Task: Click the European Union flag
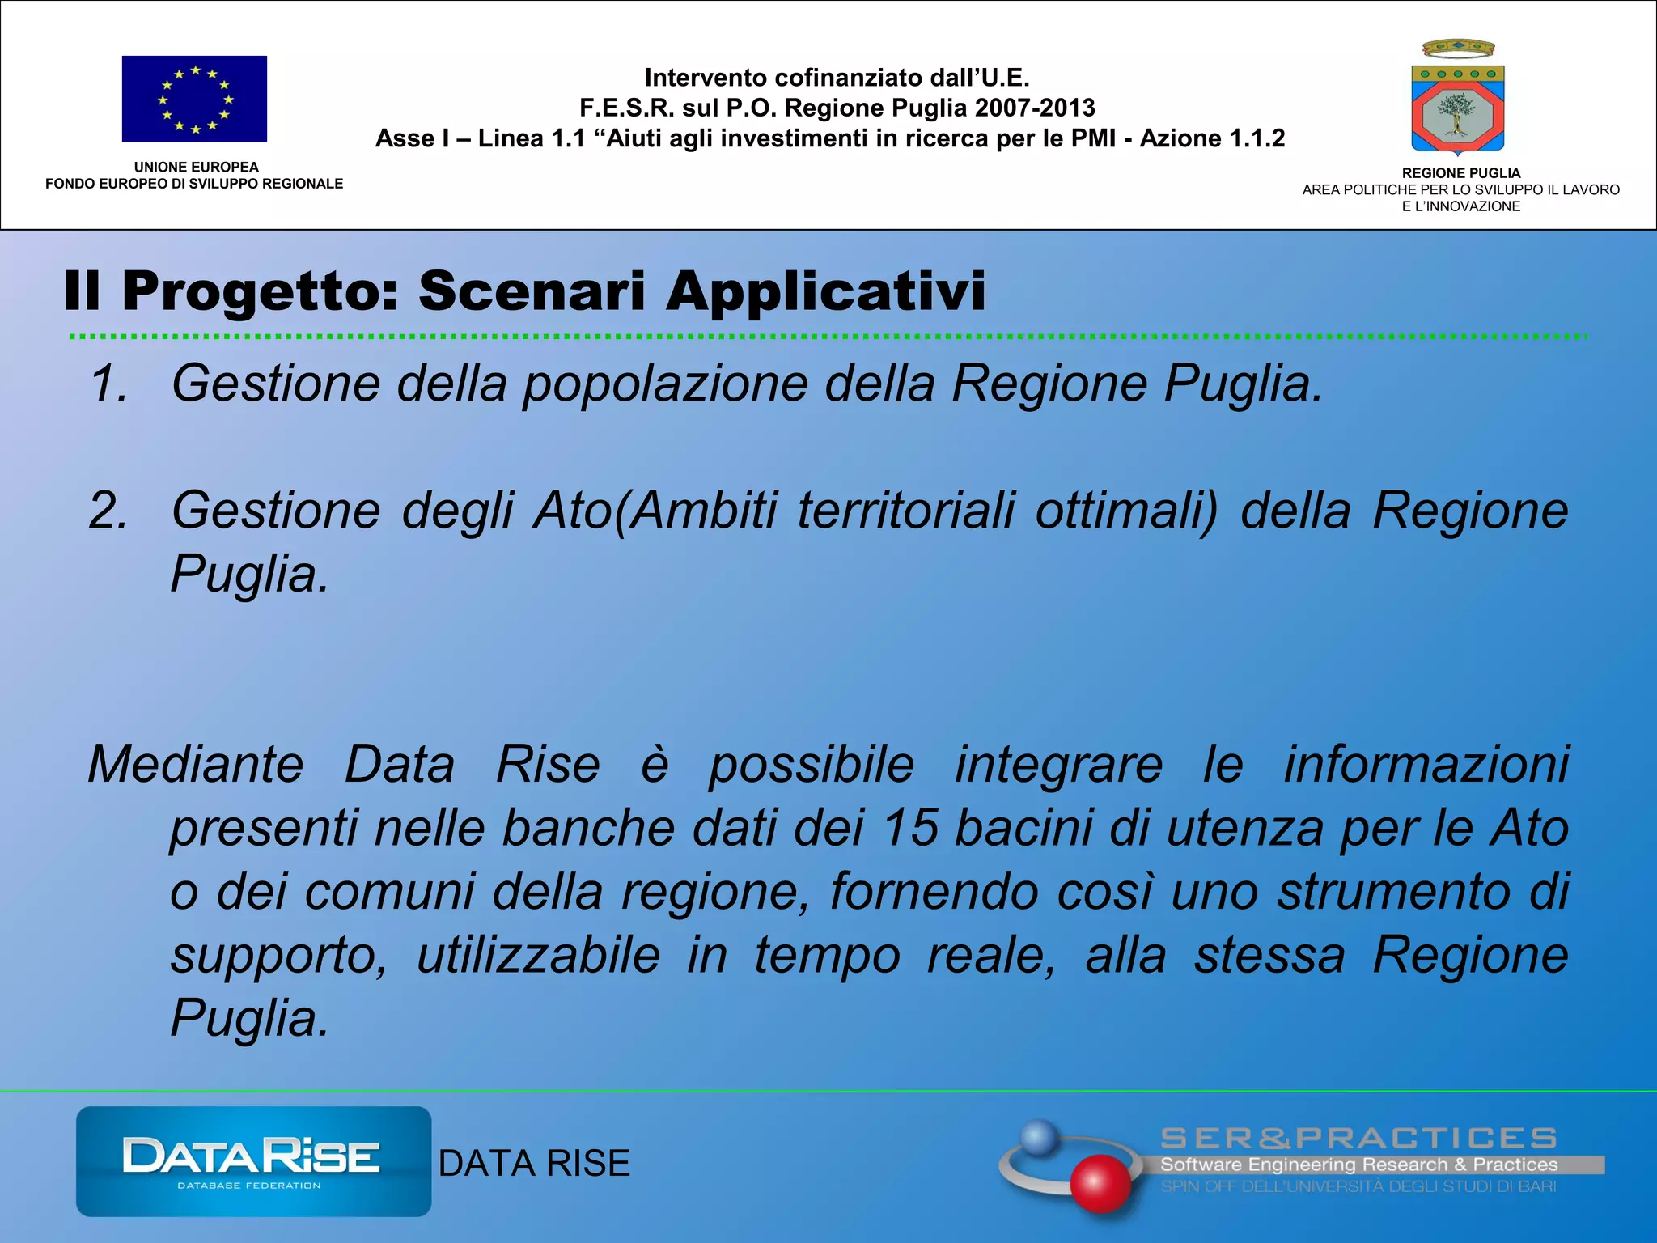(x=194, y=99)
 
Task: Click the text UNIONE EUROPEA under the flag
(x=196, y=167)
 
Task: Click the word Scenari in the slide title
(x=532, y=291)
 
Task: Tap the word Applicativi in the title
(x=825, y=291)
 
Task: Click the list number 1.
(x=108, y=383)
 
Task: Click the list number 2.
(x=108, y=511)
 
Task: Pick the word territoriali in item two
(x=905, y=511)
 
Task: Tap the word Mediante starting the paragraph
(x=195, y=764)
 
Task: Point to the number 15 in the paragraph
(x=910, y=828)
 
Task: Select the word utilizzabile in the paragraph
(x=538, y=955)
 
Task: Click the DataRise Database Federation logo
(x=253, y=1161)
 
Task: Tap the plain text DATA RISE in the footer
(x=534, y=1164)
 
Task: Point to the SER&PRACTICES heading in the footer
(x=1358, y=1139)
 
